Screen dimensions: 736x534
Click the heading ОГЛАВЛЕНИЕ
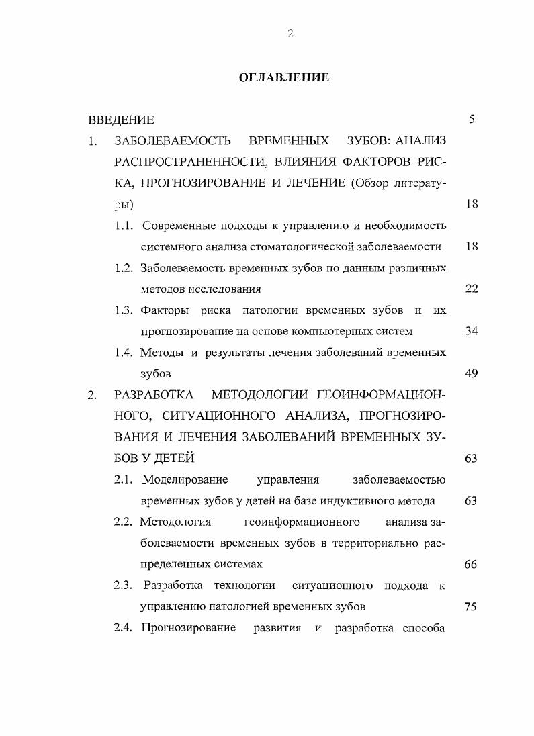(x=284, y=77)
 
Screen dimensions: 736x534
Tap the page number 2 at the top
(x=290, y=34)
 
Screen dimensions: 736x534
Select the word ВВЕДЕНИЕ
(x=121, y=120)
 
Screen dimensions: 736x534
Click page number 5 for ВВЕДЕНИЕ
(x=472, y=120)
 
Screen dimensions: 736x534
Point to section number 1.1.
(x=125, y=225)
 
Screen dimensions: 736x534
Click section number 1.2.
(x=125, y=268)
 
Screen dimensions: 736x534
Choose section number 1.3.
(x=125, y=310)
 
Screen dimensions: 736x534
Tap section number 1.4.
(x=125, y=353)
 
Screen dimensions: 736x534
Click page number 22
(x=471, y=289)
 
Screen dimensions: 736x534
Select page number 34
(x=471, y=331)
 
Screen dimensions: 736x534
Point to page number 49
(x=471, y=373)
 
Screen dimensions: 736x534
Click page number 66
(x=471, y=564)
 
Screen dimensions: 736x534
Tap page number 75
(x=471, y=606)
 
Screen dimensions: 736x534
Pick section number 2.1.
(x=125, y=479)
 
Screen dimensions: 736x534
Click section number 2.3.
(x=125, y=586)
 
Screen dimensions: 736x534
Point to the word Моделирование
(x=185, y=479)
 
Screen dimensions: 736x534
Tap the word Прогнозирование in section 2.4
(x=189, y=628)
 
